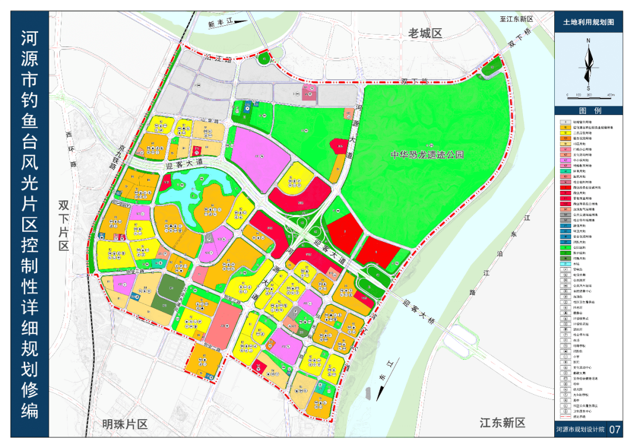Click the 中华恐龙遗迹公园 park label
click(427, 155)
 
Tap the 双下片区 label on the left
click(63, 225)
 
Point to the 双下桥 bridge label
click(520, 40)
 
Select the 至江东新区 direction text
click(517, 19)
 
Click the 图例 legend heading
click(588, 110)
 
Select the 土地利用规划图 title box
click(588, 22)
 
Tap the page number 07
click(615, 429)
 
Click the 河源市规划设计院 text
click(580, 429)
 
